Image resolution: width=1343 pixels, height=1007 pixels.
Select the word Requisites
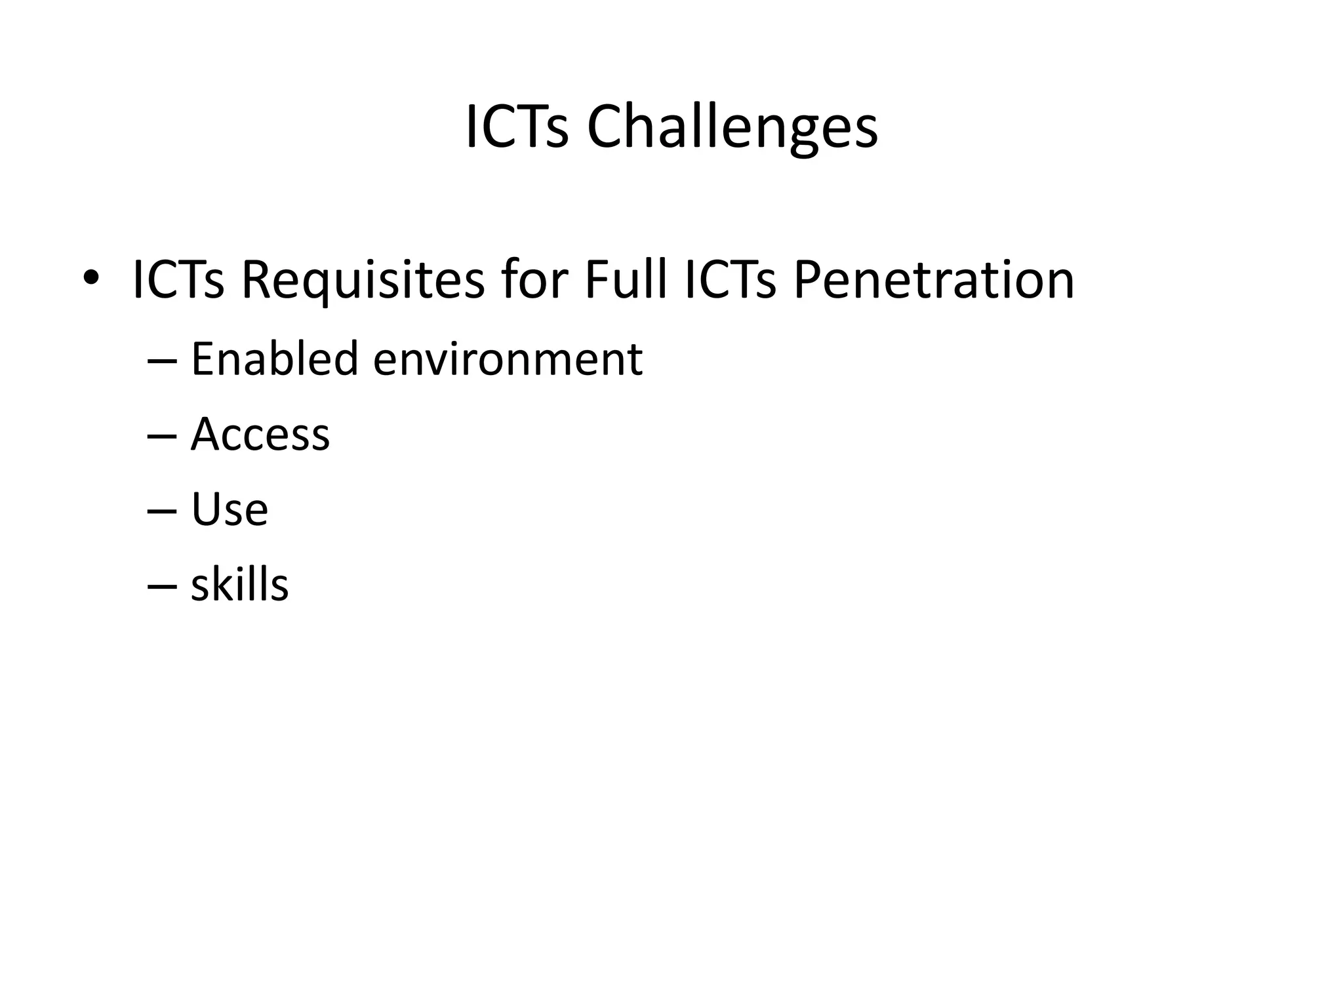pos(363,281)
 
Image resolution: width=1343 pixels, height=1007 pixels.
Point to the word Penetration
pos(934,280)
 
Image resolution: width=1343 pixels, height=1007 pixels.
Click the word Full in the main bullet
pos(625,280)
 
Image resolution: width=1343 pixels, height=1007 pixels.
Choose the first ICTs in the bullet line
pos(178,280)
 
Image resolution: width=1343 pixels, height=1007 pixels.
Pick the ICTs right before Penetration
pos(729,280)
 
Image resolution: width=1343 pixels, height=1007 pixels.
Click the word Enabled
pos(274,359)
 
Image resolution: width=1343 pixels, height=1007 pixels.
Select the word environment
pos(508,360)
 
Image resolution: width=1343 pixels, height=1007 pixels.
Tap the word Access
pos(260,434)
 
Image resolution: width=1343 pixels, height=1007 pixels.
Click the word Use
pos(230,509)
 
